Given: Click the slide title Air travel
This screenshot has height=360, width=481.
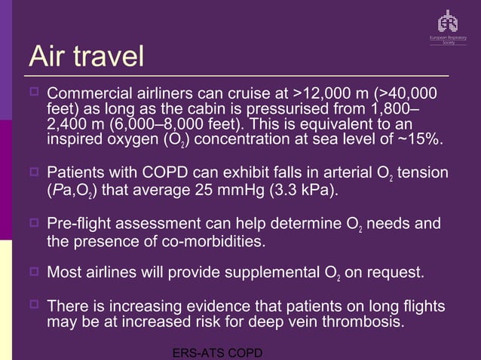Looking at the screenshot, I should click(85, 56).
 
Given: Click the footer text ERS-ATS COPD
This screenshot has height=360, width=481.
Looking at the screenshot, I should click(217, 352).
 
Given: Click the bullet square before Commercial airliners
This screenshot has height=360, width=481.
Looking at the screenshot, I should click(33, 93).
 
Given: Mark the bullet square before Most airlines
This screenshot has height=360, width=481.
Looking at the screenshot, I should click(33, 271).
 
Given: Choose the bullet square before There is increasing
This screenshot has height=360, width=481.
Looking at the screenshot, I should click(33, 306).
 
